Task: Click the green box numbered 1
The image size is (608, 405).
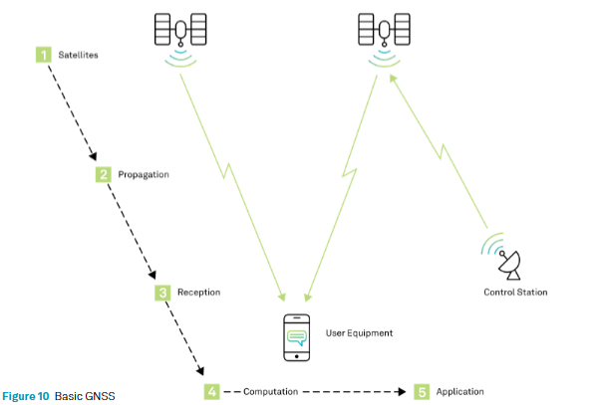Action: click(x=43, y=54)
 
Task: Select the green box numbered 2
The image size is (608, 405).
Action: click(x=103, y=174)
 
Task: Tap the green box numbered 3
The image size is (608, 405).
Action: click(x=162, y=293)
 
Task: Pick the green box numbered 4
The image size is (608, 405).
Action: click(x=211, y=391)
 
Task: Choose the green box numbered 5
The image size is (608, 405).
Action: click(x=422, y=391)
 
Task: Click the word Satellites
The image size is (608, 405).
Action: click(x=79, y=54)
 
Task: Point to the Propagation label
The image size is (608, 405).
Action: click(x=144, y=174)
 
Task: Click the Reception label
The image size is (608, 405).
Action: click(x=199, y=293)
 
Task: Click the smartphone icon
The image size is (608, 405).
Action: click(x=296, y=336)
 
